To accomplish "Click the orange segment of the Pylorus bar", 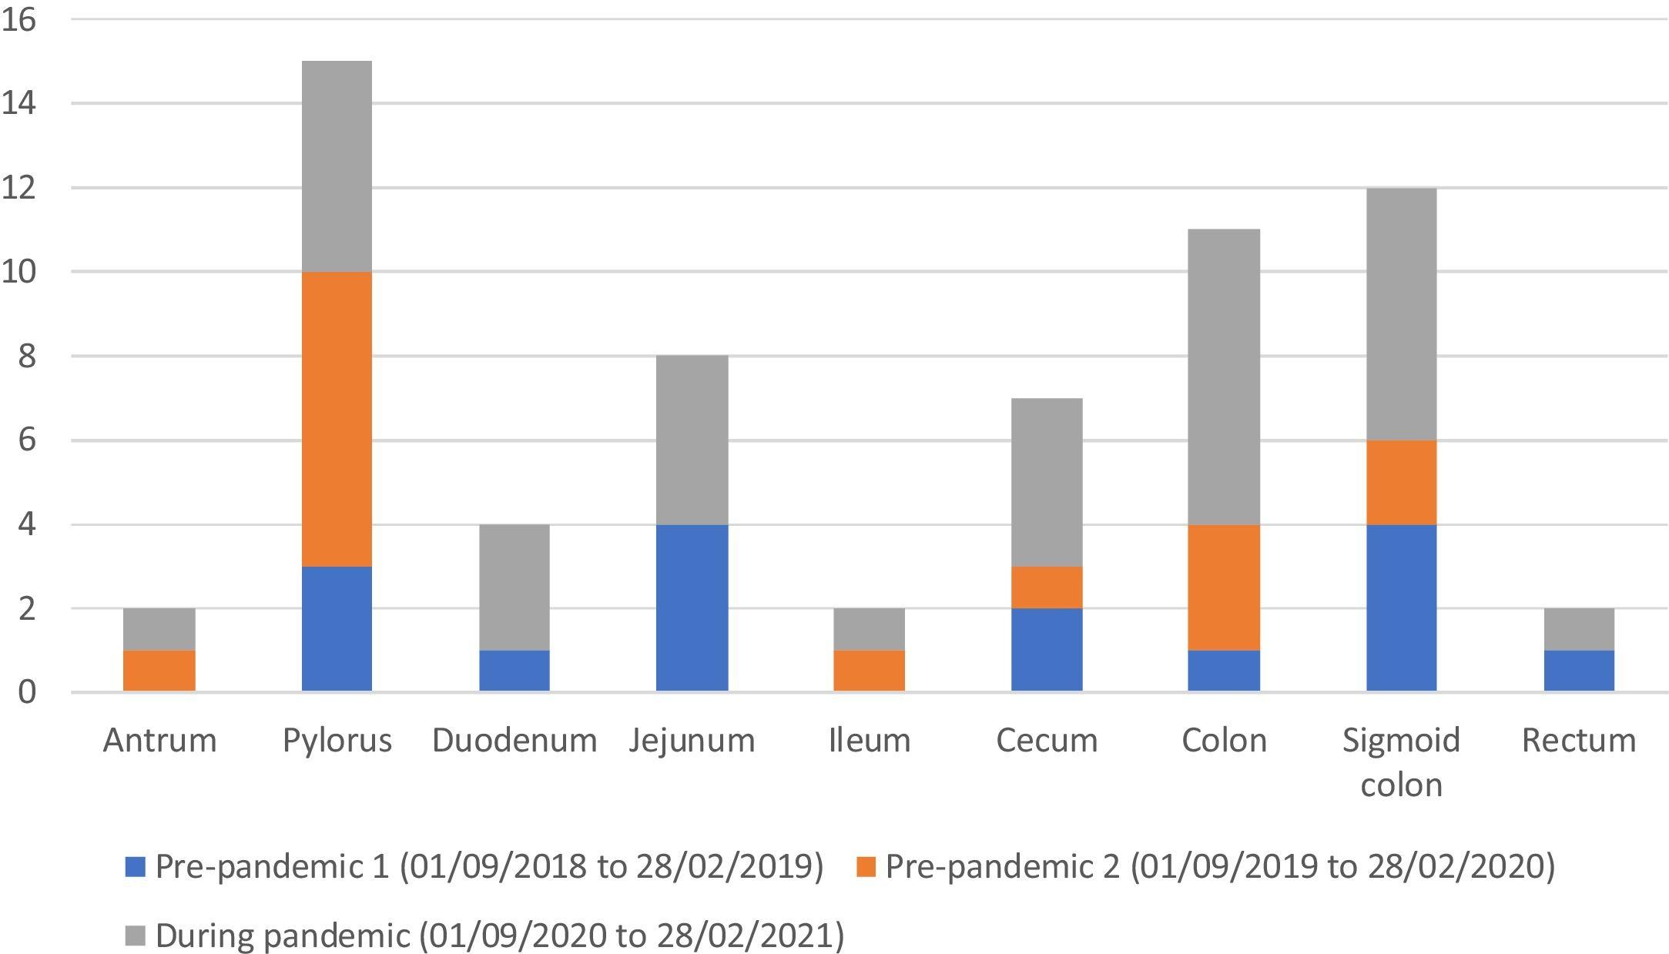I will [337, 419].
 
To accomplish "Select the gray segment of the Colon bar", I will [1224, 377].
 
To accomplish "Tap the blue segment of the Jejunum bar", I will [692, 608].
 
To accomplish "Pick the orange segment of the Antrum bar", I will [159, 671].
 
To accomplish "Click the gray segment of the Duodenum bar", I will [514, 587].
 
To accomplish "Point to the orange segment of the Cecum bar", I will [1047, 587].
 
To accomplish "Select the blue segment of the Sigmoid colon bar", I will [1401, 608].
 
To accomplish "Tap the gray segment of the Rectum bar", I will [1579, 629].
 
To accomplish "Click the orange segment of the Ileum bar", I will [869, 671].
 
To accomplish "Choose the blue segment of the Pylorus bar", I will [337, 628].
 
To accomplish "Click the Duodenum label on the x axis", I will [514, 741].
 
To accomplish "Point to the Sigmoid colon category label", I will [1401, 762].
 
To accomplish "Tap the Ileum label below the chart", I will [869, 741].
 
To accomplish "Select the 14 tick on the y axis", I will [18, 104].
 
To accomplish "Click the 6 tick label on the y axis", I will [27, 440].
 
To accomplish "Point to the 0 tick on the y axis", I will [27, 692].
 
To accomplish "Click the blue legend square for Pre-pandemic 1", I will [135, 868].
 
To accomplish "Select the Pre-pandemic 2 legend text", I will [1220, 866].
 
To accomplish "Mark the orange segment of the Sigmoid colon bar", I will [1401, 482].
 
